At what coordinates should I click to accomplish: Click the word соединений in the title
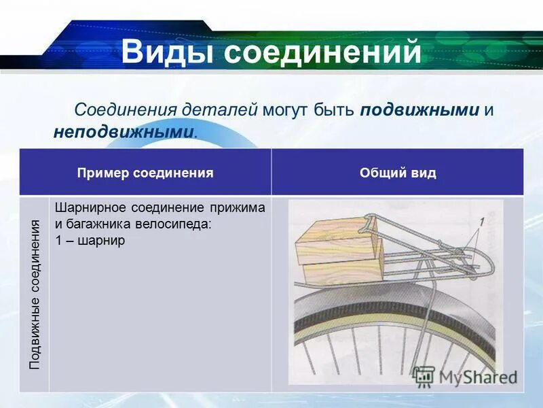[x=323, y=53]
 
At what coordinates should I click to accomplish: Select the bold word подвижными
[x=420, y=110]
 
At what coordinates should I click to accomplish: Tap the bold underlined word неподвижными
[x=124, y=131]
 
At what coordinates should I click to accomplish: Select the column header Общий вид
[x=398, y=173]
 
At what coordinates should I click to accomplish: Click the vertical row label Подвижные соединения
[x=35, y=294]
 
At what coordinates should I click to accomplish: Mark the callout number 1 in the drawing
[x=482, y=222]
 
